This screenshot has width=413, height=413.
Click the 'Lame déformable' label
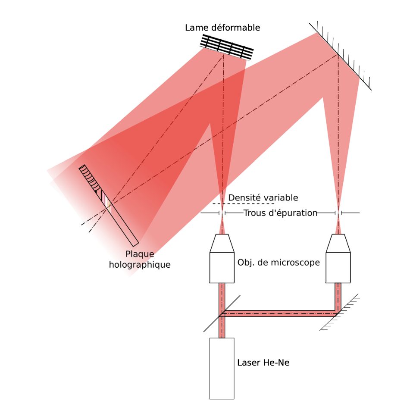pyautogui.click(x=222, y=28)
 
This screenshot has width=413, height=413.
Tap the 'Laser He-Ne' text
pyautogui.click(x=263, y=363)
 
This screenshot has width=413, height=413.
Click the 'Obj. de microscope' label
pyautogui.click(x=278, y=263)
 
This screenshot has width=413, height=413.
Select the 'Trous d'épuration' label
pyautogui.click(x=280, y=213)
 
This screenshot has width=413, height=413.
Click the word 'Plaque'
pyautogui.click(x=140, y=254)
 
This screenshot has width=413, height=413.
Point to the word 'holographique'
pyautogui.click(x=140, y=265)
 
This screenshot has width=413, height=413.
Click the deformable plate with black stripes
pyautogui.click(x=227, y=47)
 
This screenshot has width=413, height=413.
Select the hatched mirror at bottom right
pyautogui.click(x=338, y=313)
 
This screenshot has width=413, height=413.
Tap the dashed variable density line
pyautogui.click(x=244, y=203)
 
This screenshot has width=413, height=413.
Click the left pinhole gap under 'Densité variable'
pyautogui.click(x=222, y=213)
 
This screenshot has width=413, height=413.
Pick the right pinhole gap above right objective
pyautogui.click(x=338, y=213)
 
